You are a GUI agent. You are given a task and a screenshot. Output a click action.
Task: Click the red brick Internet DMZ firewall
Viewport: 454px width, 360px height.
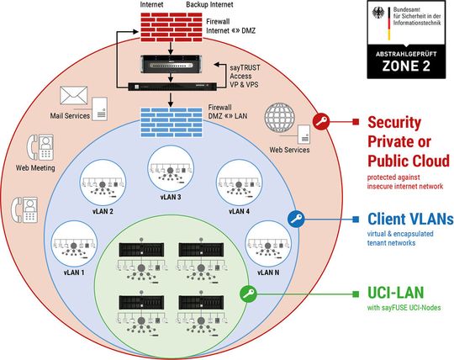click(170, 30)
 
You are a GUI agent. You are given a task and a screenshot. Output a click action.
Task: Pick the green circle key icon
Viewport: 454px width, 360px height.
click(247, 294)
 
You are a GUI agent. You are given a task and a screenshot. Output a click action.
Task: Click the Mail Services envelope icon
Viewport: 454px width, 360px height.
click(74, 96)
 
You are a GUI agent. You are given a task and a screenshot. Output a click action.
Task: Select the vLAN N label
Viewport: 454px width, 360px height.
click(267, 273)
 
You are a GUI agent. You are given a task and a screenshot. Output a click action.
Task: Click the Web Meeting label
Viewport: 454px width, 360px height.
click(35, 167)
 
